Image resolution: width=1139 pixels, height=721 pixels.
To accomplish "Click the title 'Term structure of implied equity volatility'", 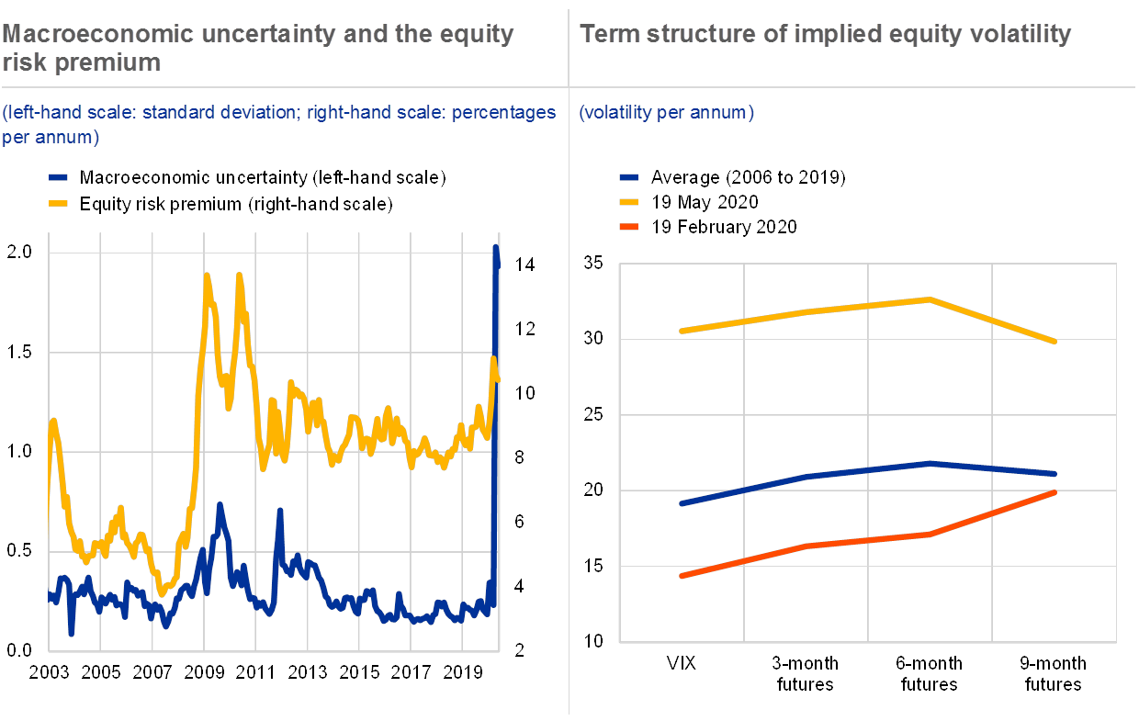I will (x=825, y=35).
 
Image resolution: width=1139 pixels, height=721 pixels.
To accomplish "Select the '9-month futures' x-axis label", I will (x=1054, y=673).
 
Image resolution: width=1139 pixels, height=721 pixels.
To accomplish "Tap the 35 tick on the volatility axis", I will (x=593, y=265).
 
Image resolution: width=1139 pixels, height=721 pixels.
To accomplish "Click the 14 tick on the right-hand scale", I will (x=524, y=263).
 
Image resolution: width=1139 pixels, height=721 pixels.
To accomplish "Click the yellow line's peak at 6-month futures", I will (x=930, y=299).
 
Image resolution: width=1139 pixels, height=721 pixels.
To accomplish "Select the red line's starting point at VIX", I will (x=682, y=576).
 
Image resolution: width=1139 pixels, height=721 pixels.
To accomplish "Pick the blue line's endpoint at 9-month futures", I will (x=1054, y=474).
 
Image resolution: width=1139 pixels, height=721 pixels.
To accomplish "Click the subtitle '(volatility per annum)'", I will (x=667, y=113).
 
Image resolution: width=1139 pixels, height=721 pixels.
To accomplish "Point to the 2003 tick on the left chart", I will (x=49, y=672).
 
